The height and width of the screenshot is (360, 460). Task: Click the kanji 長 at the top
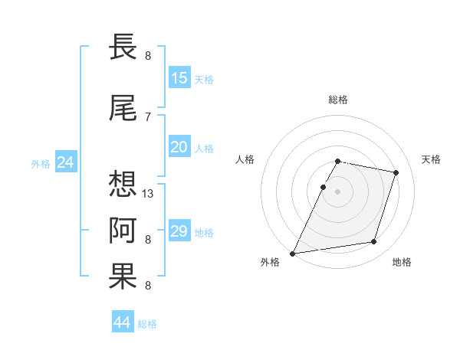pos(123,47)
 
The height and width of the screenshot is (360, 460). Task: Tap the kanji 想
pos(123,183)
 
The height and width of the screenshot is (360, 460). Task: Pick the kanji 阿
pos(123,230)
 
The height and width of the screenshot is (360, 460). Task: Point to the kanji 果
pos(123,277)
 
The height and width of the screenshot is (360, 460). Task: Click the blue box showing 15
pos(179,78)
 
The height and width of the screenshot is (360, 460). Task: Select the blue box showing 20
pos(179,147)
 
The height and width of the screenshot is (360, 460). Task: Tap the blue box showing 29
pos(179,231)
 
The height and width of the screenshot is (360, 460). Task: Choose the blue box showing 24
pos(66,162)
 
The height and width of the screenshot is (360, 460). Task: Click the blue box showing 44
pos(123,322)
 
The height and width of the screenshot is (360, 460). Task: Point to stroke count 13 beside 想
pos(149,193)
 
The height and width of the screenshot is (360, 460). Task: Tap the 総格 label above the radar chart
pos(338,100)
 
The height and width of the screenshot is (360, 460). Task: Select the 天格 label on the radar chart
pos(431,159)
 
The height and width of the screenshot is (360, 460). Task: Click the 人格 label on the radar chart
pos(245,159)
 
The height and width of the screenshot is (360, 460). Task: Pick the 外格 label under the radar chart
pos(270,262)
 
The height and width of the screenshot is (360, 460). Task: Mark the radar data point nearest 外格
pos(293,253)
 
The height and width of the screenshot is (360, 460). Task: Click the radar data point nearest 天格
pos(396,172)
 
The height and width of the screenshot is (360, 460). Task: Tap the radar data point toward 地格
pos(374,242)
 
